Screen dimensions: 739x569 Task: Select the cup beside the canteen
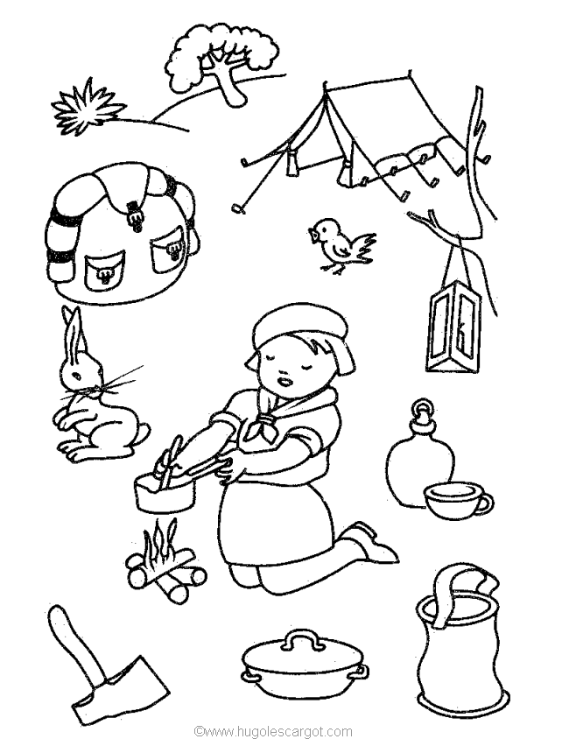click(x=451, y=502)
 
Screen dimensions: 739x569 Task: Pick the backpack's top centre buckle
click(x=135, y=214)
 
